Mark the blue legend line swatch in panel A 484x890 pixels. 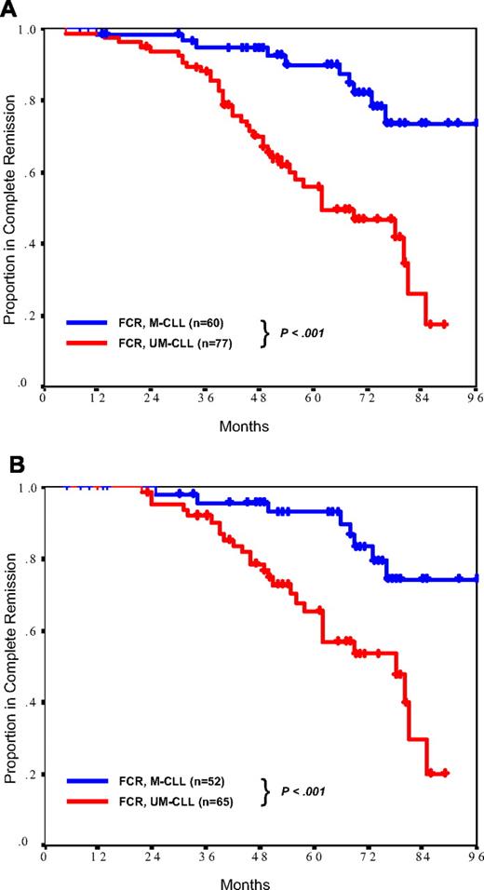coord(89,322)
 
